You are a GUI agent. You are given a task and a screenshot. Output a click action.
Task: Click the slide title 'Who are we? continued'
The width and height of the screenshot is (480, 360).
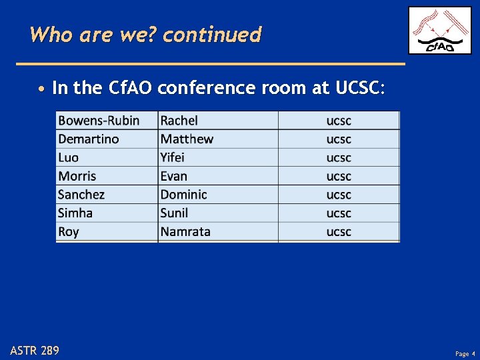pyautogui.click(x=145, y=34)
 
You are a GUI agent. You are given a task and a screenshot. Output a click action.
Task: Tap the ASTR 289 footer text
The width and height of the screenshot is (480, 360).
pyautogui.click(x=35, y=350)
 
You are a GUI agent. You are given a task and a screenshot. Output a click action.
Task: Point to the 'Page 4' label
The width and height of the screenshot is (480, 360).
pyautogui.click(x=465, y=353)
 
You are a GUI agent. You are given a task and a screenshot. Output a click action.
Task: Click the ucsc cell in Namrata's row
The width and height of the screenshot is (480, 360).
pyautogui.click(x=339, y=232)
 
